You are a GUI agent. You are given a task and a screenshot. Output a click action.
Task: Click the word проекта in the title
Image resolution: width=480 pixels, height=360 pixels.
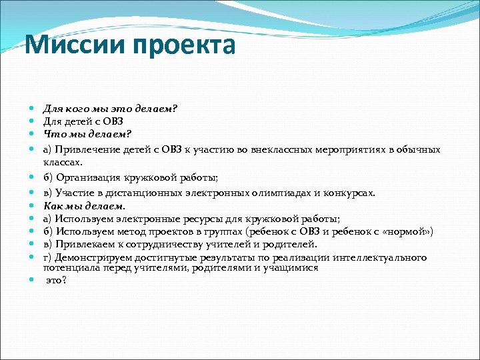pyautogui.click(x=184, y=46)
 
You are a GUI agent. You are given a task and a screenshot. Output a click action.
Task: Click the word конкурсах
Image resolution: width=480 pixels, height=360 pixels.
pyautogui.click(x=349, y=193)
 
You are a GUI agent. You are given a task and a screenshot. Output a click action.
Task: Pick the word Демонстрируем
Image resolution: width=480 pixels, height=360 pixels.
pyautogui.click(x=95, y=257)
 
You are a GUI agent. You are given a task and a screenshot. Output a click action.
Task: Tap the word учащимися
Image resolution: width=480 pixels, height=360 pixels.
pyautogui.click(x=289, y=267)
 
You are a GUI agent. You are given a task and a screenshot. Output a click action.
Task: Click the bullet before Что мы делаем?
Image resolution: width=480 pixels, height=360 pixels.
pyautogui.click(x=33, y=133)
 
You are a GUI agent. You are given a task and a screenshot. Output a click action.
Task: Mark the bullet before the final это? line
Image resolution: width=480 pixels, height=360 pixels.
pyautogui.click(x=33, y=280)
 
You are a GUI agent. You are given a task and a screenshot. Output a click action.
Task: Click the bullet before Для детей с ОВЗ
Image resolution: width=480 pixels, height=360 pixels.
pyautogui.click(x=33, y=121)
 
